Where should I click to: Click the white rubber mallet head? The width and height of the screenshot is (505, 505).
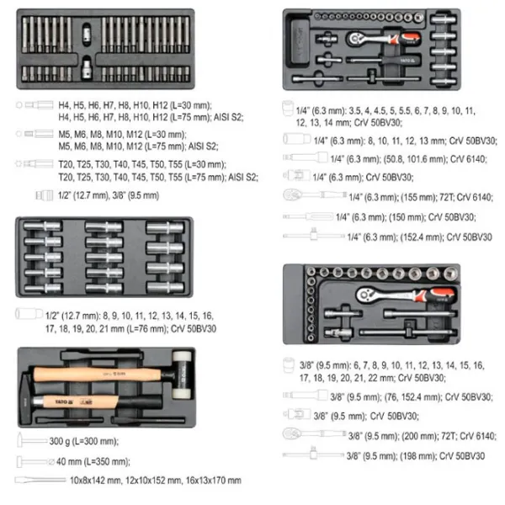click(182, 375)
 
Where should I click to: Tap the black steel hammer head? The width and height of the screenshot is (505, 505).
click(26, 398)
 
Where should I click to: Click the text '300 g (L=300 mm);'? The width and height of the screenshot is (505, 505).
click(83, 441)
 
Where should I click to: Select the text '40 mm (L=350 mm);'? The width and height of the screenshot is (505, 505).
click(93, 461)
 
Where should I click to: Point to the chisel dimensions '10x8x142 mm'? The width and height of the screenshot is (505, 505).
click(96, 481)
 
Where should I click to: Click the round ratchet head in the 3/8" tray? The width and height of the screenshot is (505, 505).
click(365, 295)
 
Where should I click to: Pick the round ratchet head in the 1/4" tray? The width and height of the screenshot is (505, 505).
click(354, 40)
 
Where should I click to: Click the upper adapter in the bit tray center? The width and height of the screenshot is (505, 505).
click(87, 33)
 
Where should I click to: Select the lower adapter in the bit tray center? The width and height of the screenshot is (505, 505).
click(87, 67)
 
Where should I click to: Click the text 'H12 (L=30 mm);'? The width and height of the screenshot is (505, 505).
click(182, 106)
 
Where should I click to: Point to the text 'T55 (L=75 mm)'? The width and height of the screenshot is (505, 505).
click(196, 177)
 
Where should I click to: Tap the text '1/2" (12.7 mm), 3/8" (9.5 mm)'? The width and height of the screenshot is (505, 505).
click(109, 195)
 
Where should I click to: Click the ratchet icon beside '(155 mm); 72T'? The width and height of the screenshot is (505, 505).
click(315, 195)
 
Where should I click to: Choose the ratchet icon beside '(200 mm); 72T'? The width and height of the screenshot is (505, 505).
click(314, 433)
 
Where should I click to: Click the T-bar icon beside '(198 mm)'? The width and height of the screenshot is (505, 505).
click(313, 454)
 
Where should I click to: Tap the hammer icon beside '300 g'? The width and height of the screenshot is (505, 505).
click(32, 440)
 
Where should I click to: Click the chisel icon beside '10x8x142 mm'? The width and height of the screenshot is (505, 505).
click(40, 481)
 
